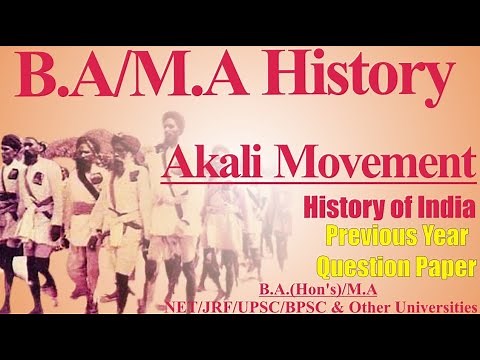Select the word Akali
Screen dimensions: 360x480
(x=225, y=161)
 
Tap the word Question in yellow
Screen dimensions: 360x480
(x=366, y=267)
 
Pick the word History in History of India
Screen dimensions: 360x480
(x=341, y=209)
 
